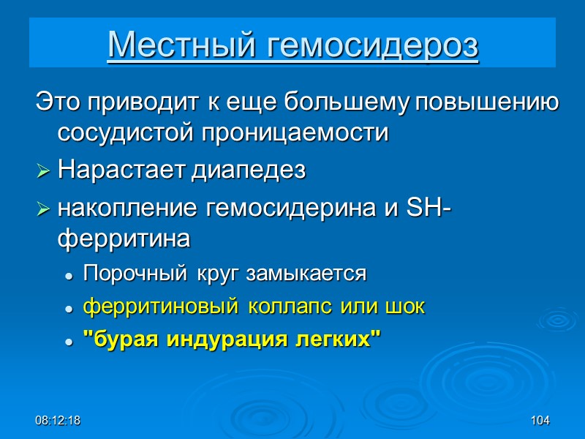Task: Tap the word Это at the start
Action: pyautogui.click(x=58, y=102)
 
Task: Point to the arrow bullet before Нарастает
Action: pyautogui.click(x=44, y=172)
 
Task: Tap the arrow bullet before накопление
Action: pyautogui.click(x=44, y=209)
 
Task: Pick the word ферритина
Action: pyautogui.click(x=124, y=239)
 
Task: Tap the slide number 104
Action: pyautogui.click(x=540, y=421)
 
